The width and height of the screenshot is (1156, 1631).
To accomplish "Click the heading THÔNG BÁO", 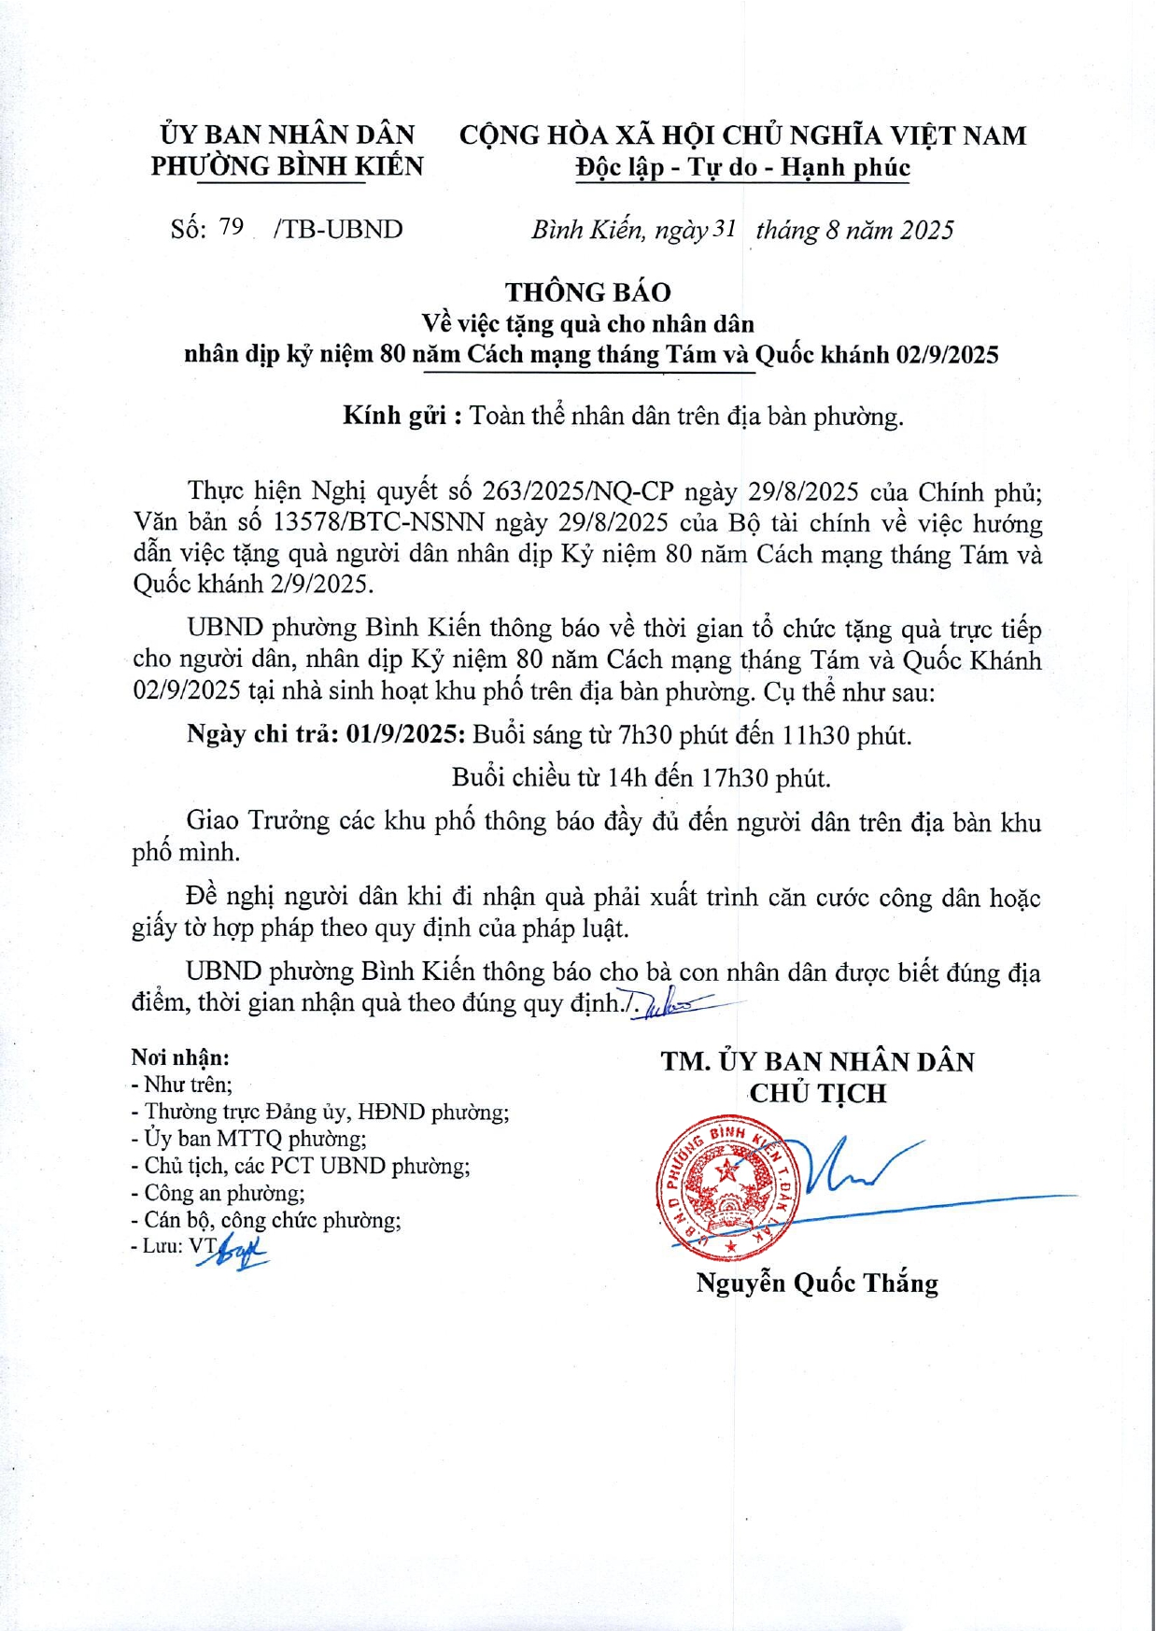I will (588, 292).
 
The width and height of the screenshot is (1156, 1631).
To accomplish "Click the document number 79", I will (231, 227).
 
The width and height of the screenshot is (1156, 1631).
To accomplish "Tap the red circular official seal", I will (726, 1186).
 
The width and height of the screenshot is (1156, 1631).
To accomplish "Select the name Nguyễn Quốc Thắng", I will (817, 1283).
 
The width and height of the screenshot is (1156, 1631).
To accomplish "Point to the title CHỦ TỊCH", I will (818, 1093).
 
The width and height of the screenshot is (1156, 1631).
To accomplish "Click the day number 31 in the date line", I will (725, 229).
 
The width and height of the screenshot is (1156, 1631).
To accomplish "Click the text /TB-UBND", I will (338, 230).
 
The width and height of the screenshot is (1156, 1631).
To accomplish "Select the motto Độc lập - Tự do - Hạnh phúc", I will (742, 168).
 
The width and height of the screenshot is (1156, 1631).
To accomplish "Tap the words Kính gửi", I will (395, 416).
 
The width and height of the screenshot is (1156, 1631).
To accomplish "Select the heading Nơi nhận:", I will (180, 1057).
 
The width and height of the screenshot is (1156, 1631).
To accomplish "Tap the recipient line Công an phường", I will (224, 1193).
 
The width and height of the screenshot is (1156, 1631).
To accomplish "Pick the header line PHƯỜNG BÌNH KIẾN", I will (288, 166).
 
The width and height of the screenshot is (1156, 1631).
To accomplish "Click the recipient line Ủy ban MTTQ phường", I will (255, 1139).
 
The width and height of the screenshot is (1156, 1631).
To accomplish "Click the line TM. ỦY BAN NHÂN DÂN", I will (818, 1062).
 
